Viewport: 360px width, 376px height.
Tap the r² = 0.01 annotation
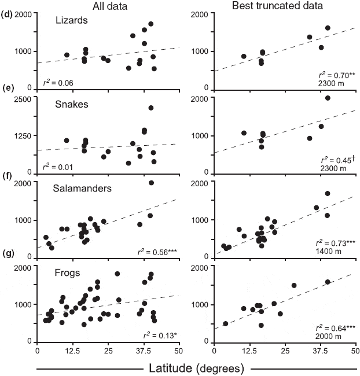point(56,167)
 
